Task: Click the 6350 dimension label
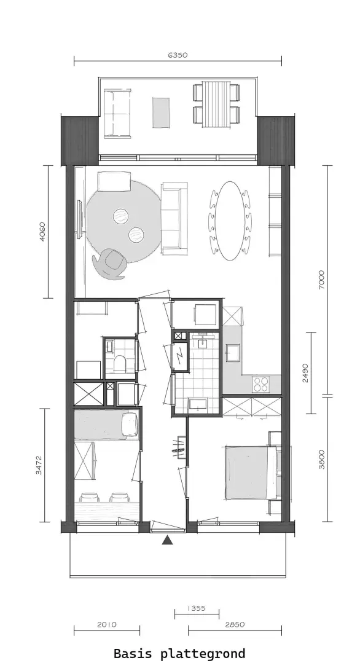coord(178,55)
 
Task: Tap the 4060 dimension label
coord(42,232)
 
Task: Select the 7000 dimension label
coord(321,280)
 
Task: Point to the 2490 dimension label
coord(305,373)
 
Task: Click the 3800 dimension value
coord(321,459)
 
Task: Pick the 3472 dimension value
coord(39,465)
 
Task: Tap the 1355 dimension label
coord(197,608)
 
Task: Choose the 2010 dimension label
coord(107,625)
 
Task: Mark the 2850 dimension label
coord(235,625)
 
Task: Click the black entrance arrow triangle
coord(167,541)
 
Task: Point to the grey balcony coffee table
coord(161,112)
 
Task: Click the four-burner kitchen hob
coord(260,384)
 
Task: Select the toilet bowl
coord(120,363)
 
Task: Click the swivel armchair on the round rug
coord(111,263)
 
